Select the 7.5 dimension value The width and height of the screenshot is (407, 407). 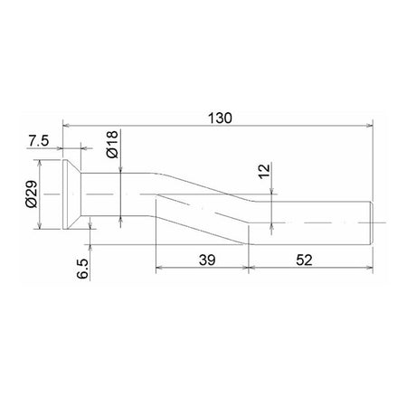(39, 140)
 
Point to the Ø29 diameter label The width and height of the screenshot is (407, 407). (30, 194)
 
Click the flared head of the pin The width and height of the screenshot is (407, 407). (72, 194)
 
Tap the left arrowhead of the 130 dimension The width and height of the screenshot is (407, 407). (65, 127)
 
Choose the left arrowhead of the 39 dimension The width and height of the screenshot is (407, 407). (159, 268)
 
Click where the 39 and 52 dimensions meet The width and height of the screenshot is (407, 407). (248, 268)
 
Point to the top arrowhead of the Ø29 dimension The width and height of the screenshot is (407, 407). (41, 165)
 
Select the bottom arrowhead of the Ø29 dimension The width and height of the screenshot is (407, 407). (41, 226)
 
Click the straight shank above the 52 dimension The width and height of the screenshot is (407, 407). (312, 222)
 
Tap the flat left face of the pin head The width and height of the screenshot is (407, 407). (62, 194)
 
